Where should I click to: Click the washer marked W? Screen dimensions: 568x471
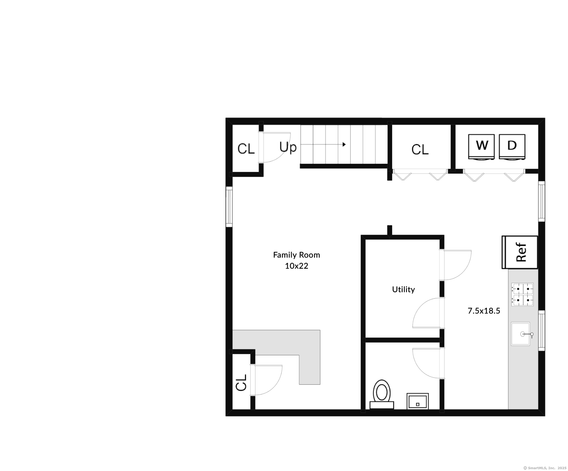(x=482, y=147)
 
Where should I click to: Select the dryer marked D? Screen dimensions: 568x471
(x=512, y=147)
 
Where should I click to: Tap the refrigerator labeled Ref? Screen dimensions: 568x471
(x=520, y=252)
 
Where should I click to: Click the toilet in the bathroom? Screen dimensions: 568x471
(x=382, y=394)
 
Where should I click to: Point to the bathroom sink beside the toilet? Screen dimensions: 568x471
(x=418, y=401)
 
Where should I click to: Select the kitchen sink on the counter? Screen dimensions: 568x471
(x=521, y=334)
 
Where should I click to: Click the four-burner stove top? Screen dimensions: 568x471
(x=522, y=294)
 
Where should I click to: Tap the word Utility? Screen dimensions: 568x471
(x=403, y=290)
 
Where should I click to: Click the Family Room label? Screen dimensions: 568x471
(x=296, y=255)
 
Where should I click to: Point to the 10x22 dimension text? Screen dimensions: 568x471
(x=296, y=266)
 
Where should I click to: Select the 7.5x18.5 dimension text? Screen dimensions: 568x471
(x=484, y=311)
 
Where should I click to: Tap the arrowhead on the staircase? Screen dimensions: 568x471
(x=344, y=144)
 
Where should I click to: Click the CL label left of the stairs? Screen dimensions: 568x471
(x=246, y=149)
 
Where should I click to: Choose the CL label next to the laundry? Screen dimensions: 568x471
(x=420, y=150)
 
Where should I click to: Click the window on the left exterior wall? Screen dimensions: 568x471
(x=229, y=207)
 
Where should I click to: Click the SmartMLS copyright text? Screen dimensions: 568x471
(x=545, y=468)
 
